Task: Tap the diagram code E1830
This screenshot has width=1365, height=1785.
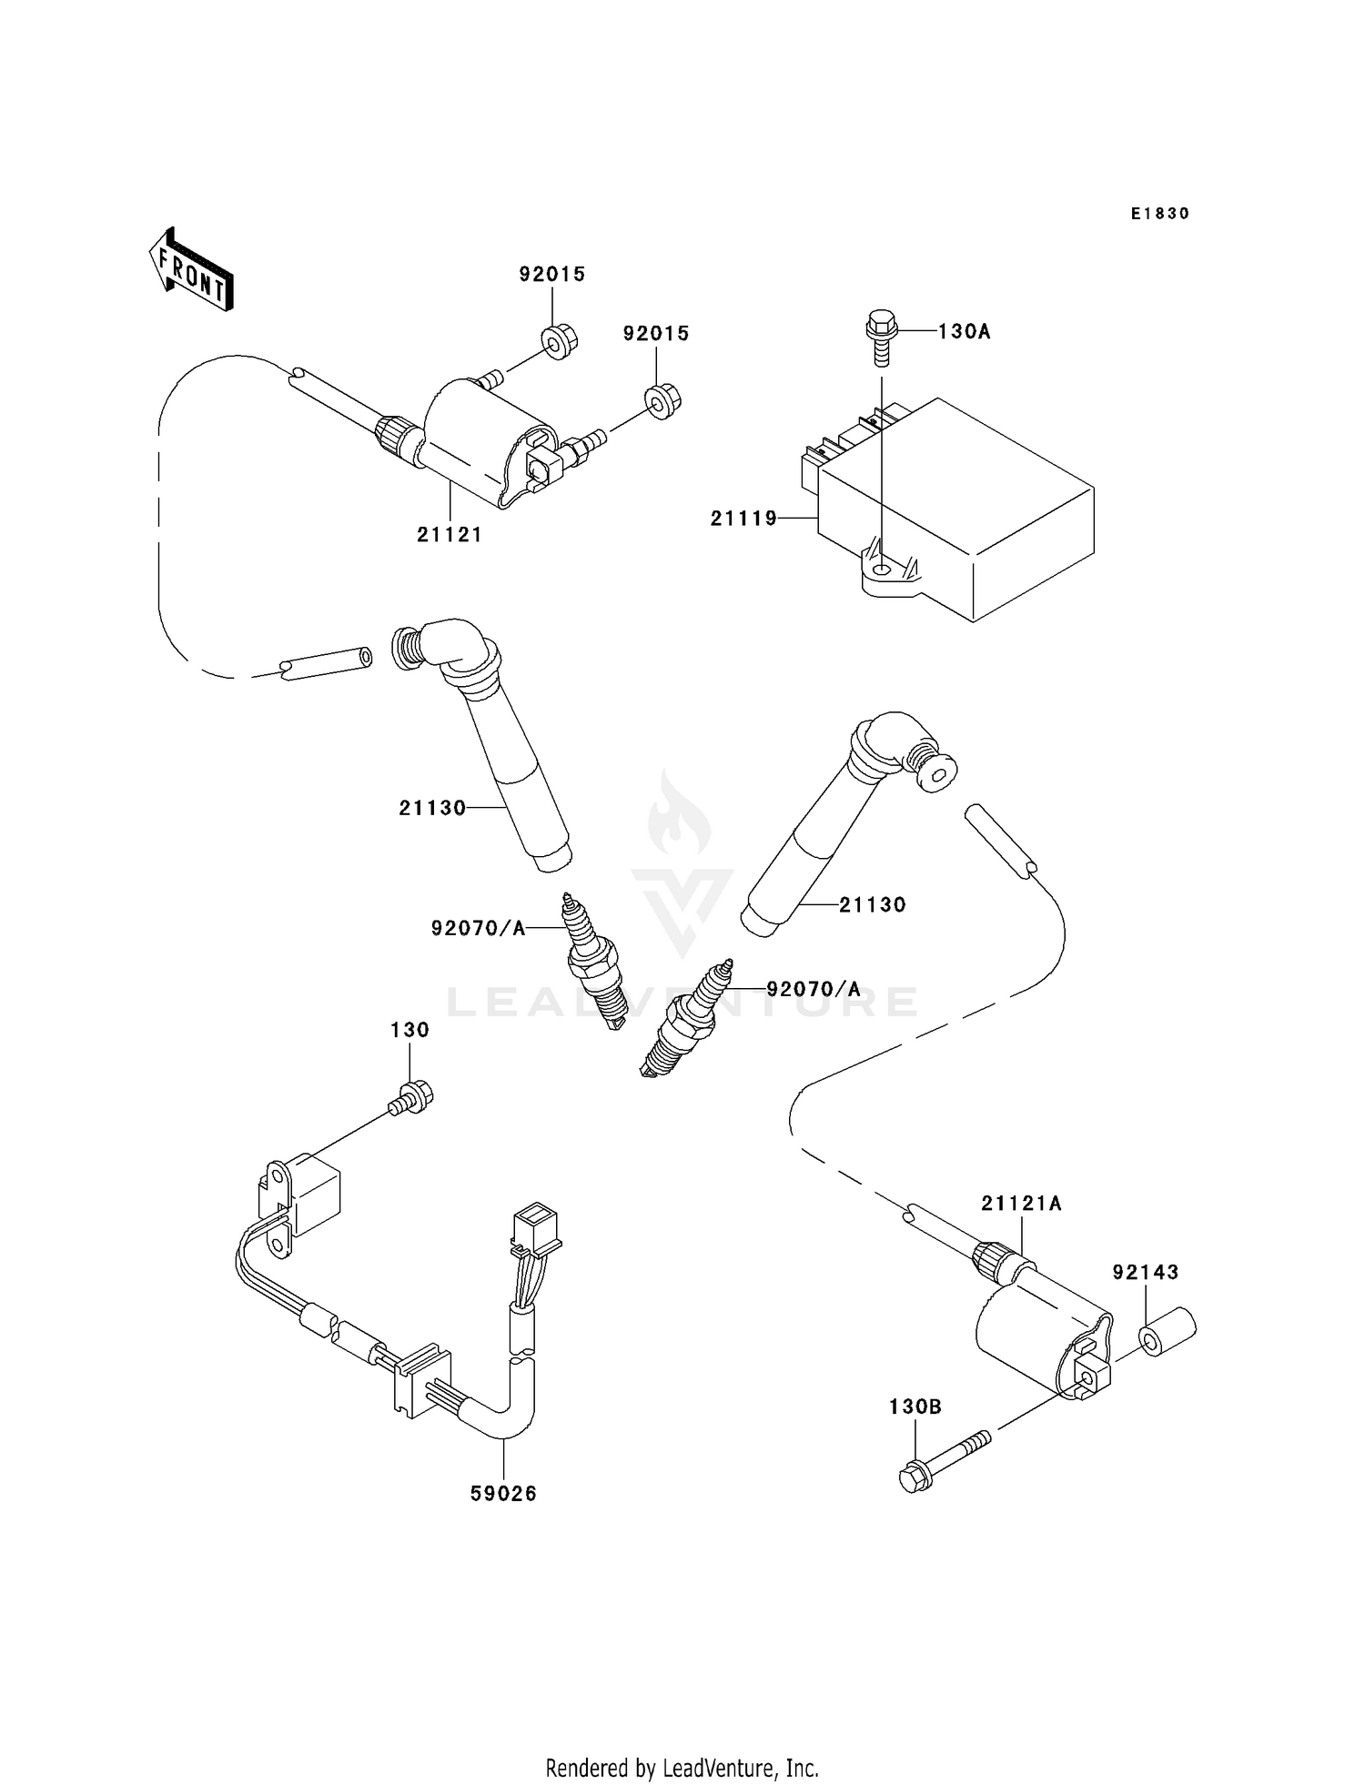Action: pos(1159,214)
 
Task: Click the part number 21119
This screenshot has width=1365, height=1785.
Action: pos(743,519)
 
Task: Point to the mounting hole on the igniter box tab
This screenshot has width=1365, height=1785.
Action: pos(881,570)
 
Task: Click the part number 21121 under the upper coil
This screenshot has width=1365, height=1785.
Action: pos(450,535)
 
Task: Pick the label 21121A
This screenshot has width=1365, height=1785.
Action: pos(1021,1204)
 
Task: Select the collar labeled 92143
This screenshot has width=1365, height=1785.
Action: pos(1167,1334)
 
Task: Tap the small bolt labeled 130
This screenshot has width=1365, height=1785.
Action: pos(413,1097)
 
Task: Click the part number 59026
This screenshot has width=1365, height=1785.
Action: pos(503,1493)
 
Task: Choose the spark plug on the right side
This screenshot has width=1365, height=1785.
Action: pos(687,1019)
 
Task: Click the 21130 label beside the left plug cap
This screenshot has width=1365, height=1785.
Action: pos(432,808)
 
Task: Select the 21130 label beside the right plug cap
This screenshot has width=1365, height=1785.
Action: pos(872,905)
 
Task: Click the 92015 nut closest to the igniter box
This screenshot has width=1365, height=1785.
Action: pos(662,400)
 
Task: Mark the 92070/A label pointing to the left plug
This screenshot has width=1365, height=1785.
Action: pos(478,928)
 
